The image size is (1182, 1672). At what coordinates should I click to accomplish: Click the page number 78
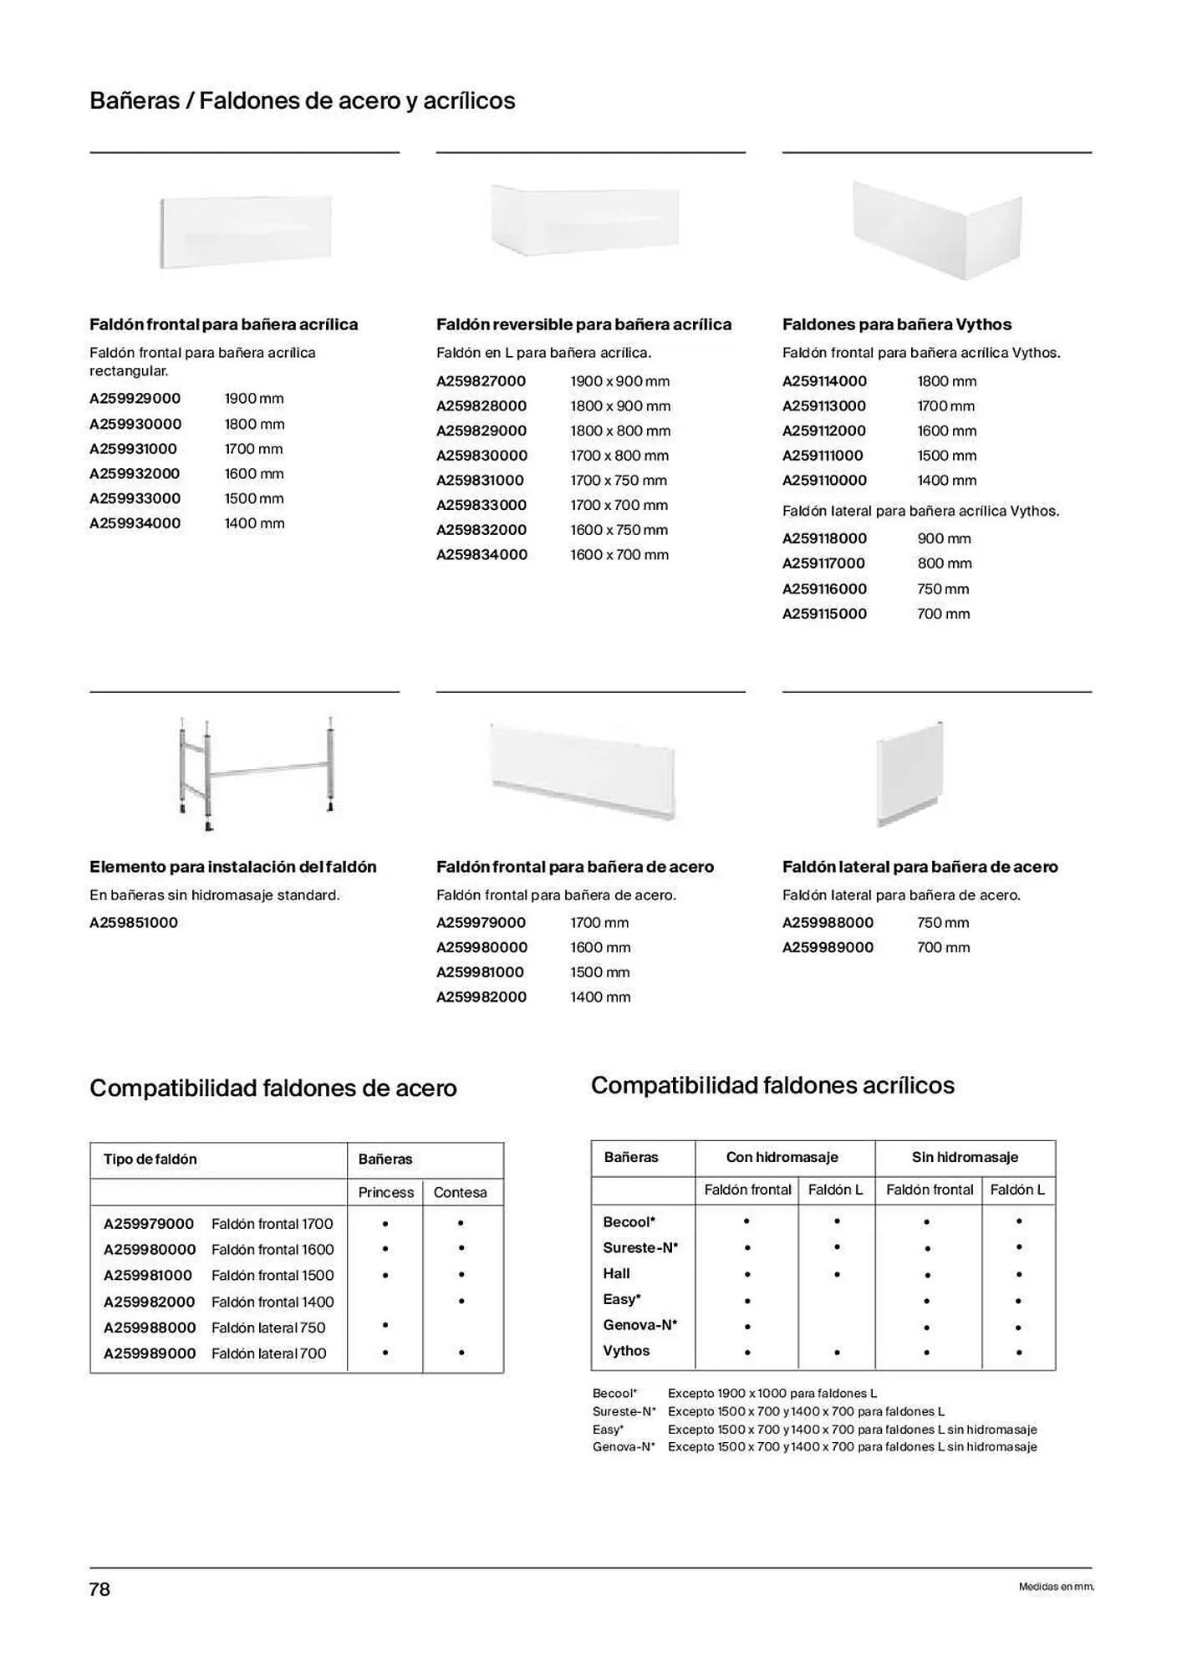point(99,1589)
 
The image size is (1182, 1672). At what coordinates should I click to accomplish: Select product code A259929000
point(135,399)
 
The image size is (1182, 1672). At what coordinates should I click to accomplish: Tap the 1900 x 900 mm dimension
point(619,381)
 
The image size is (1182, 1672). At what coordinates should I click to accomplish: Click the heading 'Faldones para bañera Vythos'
point(896,324)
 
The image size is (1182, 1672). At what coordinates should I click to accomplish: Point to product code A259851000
point(134,923)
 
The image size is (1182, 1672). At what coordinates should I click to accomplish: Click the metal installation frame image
point(257,772)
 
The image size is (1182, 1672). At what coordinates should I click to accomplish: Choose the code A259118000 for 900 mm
point(824,538)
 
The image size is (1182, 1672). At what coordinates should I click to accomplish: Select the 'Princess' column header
point(385,1192)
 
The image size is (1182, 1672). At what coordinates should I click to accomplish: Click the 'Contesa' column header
point(460,1192)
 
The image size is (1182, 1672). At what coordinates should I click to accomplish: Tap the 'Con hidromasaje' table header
point(782,1157)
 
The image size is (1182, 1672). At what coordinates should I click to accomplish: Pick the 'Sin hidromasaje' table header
point(965,1157)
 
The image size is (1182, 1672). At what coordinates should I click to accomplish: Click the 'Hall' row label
point(617,1273)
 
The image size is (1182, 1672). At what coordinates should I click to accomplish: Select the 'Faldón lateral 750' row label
point(268,1328)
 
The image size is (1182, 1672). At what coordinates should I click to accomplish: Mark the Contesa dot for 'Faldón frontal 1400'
point(461,1302)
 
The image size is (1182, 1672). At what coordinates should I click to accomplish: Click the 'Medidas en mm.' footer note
point(1056,1587)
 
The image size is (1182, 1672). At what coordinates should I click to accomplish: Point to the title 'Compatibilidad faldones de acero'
point(273,1088)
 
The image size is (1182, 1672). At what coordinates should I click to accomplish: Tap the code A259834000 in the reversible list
point(481,555)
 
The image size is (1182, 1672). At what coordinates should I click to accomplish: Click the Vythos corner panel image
point(937,229)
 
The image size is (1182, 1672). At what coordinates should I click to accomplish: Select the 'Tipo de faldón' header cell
point(150,1160)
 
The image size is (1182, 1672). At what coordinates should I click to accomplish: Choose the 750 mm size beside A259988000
point(943,923)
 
